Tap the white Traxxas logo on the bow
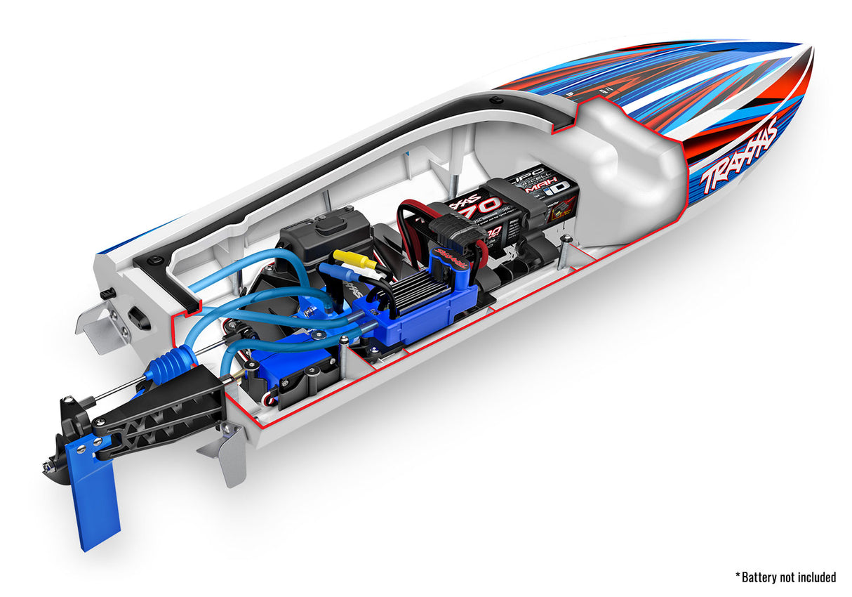pyautogui.click(x=738, y=156)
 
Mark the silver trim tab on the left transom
pyautogui.click(x=102, y=326)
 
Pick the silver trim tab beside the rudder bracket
pyautogui.click(x=225, y=453)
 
